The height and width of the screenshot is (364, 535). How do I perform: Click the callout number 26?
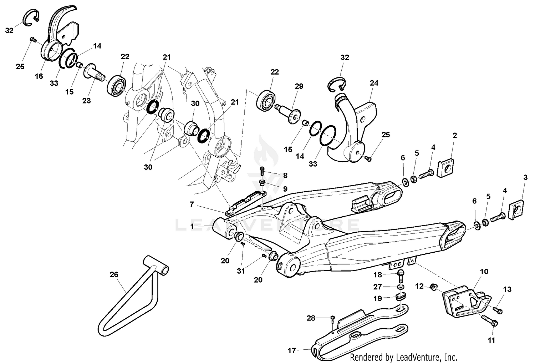pyautogui.click(x=114, y=274)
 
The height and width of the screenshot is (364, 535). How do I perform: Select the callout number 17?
pyautogui.click(x=292, y=351)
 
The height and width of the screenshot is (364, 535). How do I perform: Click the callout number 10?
pyautogui.click(x=484, y=272)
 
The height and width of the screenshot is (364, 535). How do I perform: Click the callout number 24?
pyautogui.click(x=374, y=83)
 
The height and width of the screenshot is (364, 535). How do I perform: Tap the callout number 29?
pyautogui.click(x=299, y=86)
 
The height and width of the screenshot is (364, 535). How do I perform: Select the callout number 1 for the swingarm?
pyautogui.click(x=192, y=226)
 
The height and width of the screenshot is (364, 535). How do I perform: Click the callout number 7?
pyautogui.click(x=192, y=204)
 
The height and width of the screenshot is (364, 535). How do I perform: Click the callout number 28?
pyautogui.click(x=311, y=318)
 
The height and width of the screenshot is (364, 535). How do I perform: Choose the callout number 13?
pyautogui.click(x=507, y=289)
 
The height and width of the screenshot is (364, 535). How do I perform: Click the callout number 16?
pyautogui.click(x=39, y=76)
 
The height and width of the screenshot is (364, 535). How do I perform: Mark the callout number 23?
pyautogui.click(x=87, y=101)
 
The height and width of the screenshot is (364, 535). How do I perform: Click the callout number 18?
pyautogui.click(x=377, y=274)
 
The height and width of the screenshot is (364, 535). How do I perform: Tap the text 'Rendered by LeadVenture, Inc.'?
pyautogui.click(x=403, y=357)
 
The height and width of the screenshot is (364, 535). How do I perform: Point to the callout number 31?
pyautogui.click(x=241, y=271)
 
